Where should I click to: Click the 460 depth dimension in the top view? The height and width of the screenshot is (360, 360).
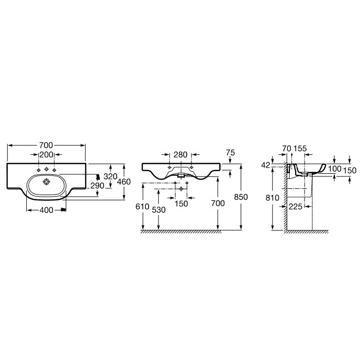(x=123, y=182)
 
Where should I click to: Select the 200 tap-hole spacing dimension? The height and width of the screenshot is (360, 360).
(x=47, y=155)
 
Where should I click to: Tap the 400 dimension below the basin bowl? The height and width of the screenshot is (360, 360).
(x=47, y=210)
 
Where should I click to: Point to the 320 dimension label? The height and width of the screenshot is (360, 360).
(x=110, y=176)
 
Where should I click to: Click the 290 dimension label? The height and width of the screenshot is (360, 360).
(x=97, y=186)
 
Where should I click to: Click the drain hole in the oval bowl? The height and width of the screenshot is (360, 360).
(x=47, y=182)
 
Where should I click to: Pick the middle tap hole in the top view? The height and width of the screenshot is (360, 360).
(x=47, y=170)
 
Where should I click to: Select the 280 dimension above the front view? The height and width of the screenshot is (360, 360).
(x=181, y=155)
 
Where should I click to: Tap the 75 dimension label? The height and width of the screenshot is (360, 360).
(x=231, y=153)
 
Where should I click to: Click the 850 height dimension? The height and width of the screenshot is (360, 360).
(x=241, y=197)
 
